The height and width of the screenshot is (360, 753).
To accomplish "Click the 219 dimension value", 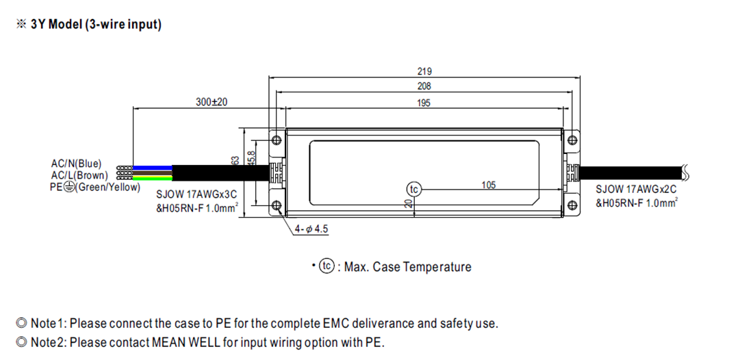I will tap(424, 71).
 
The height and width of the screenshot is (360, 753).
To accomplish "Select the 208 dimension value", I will tap(424, 87).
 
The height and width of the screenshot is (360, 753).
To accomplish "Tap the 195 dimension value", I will tap(424, 103).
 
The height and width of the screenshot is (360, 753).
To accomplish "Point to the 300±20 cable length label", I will tap(212, 102).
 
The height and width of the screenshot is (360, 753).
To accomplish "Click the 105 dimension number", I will tap(489, 185).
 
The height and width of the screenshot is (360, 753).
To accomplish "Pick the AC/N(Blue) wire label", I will tap(76, 164).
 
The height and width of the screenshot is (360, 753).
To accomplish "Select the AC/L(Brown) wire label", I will tap(79, 175).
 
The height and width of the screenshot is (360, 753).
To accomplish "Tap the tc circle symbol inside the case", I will tap(413, 190).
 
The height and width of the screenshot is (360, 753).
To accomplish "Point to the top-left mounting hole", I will tap(277, 140).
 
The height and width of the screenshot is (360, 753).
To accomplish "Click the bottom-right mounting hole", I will tap(572, 204).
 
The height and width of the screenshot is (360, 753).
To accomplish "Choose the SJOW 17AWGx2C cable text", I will tap(636, 190).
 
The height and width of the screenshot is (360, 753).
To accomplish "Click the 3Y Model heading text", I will tap(96, 25).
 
